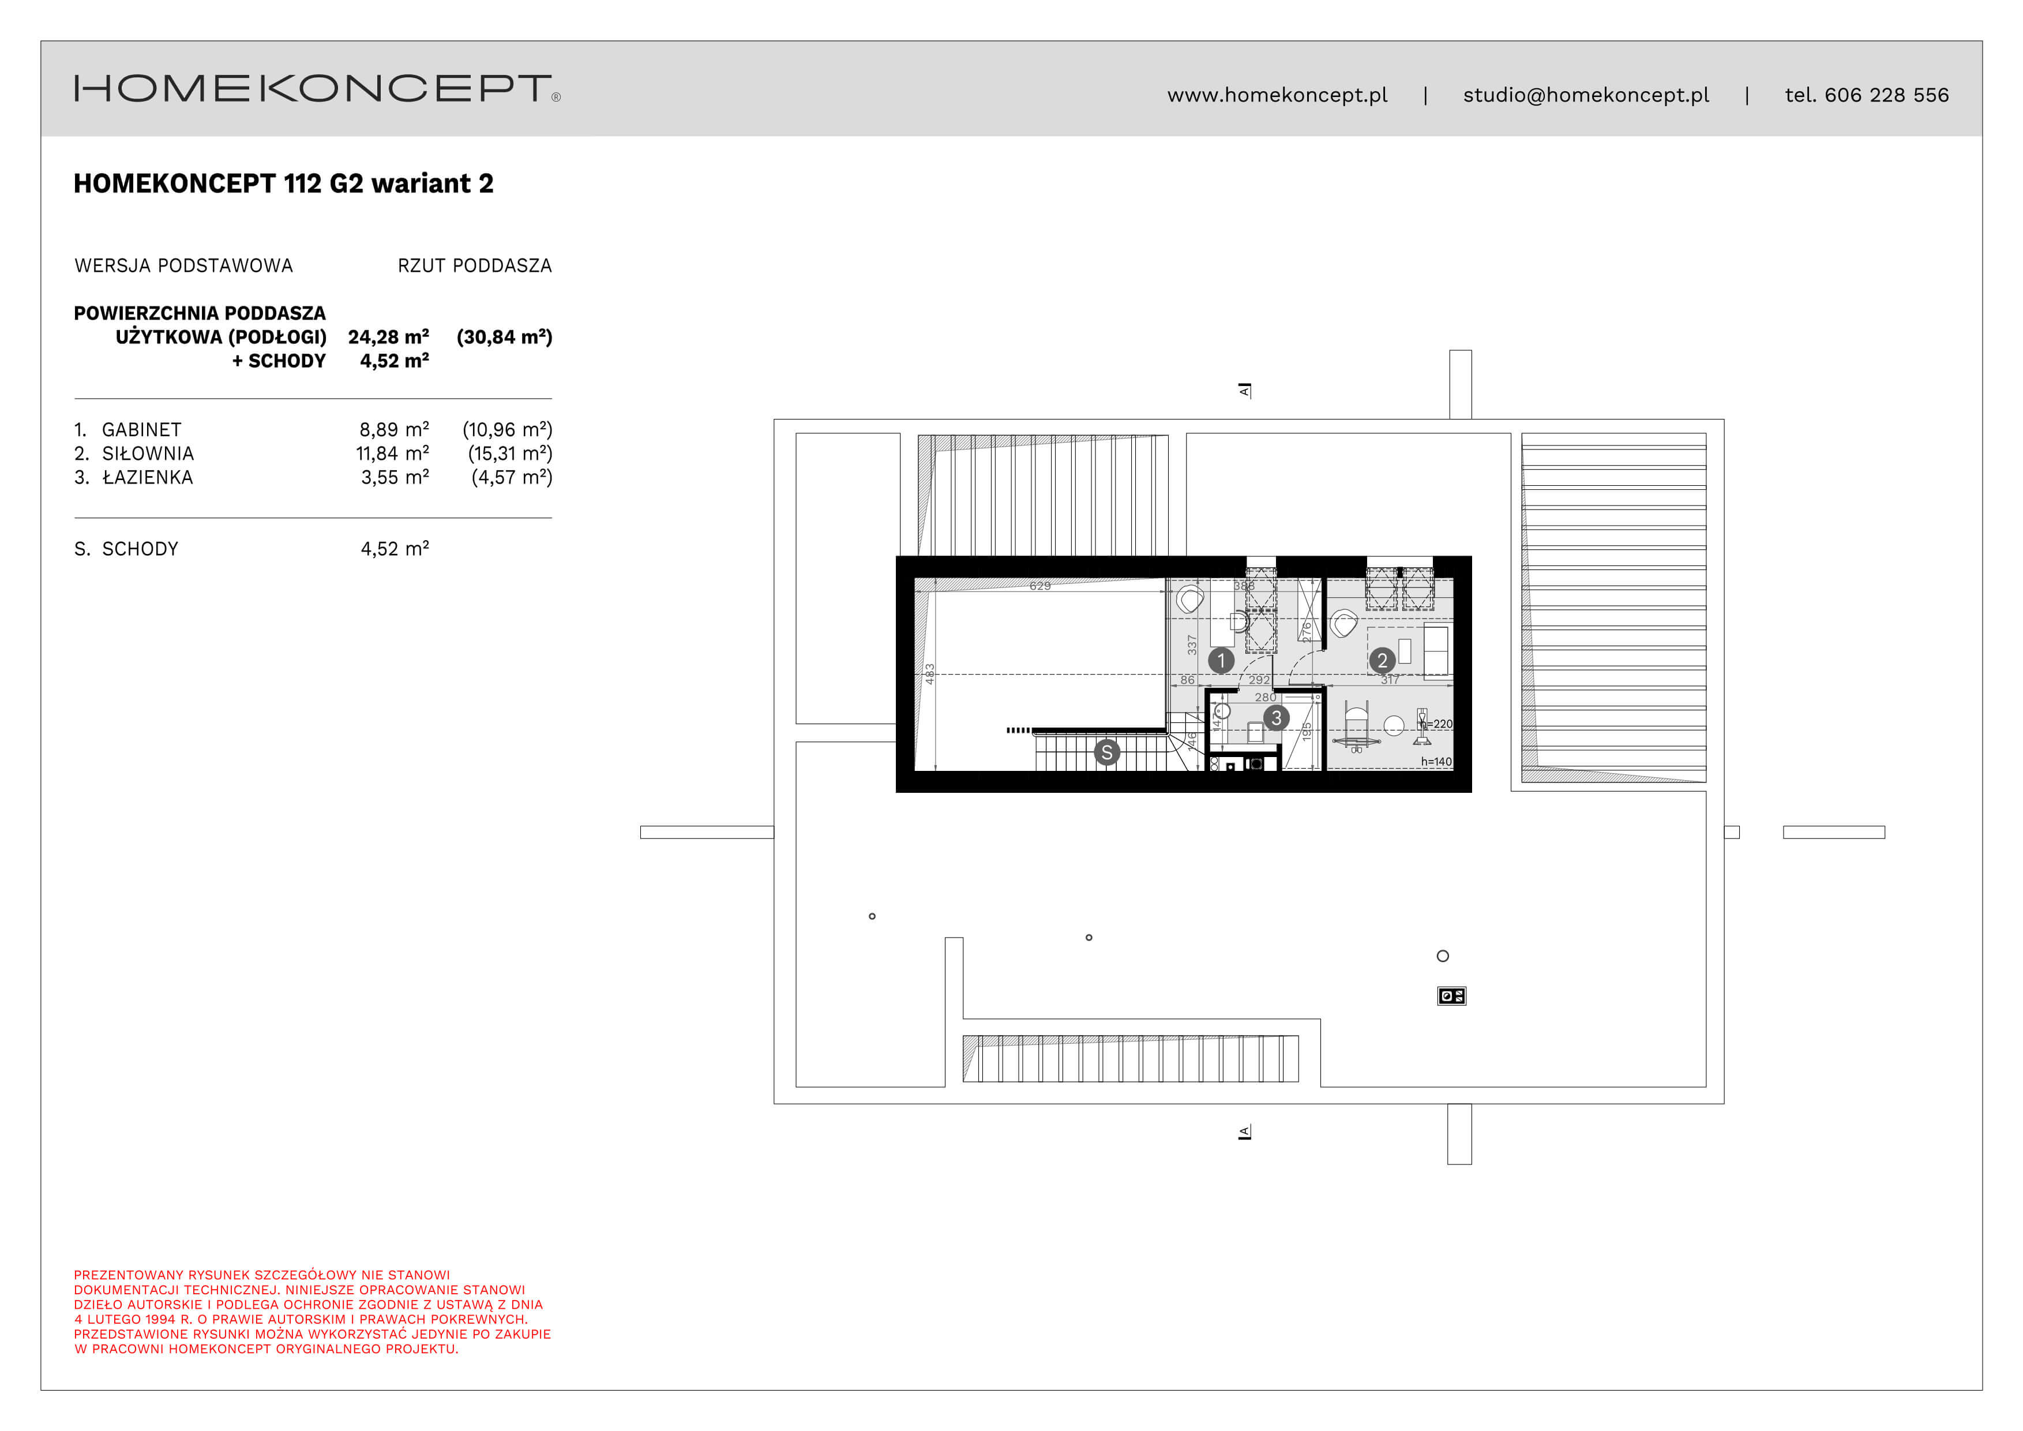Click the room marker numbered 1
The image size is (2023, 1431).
tap(1221, 660)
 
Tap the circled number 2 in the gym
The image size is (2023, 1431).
tap(1382, 660)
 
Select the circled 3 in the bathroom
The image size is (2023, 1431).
tap(1276, 718)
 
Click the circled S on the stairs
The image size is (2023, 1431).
tap(1106, 752)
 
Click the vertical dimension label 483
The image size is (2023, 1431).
tap(929, 674)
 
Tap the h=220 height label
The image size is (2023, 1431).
tap(1438, 724)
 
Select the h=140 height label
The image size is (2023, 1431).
tap(1436, 761)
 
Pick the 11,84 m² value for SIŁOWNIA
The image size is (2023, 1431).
tap(392, 454)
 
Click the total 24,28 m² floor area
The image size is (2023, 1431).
tap(389, 336)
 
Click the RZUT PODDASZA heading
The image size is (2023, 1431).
tap(474, 266)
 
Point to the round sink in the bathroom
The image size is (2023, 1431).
tap(1222, 710)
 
